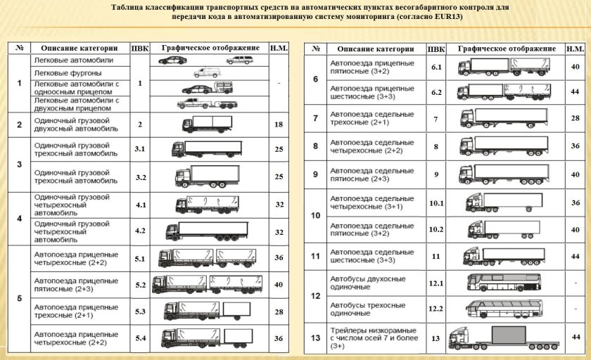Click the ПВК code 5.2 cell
[x=140, y=285]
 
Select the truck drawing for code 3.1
[x=206, y=149]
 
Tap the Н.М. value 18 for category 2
[x=279, y=124]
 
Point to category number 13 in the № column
[x=315, y=338]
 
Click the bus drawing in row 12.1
[x=502, y=283]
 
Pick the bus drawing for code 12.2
[x=502, y=309]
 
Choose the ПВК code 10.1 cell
[x=436, y=202]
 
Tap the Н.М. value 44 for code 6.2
[x=575, y=92]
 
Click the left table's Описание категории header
[x=79, y=49]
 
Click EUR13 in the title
[x=447, y=17]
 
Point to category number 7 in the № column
[x=315, y=118]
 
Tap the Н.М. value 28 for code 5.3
[x=279, y=311]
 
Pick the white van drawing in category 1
[x=206, y=72]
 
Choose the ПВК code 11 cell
[x=436, y=256]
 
